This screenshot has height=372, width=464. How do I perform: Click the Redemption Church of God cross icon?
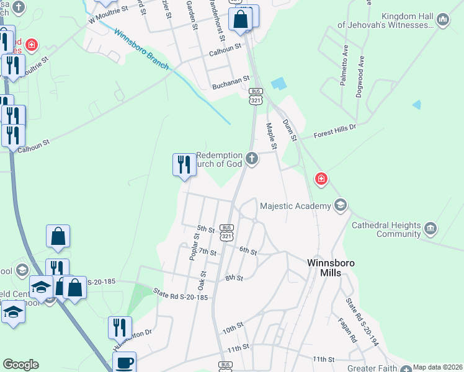(x=252, y=159)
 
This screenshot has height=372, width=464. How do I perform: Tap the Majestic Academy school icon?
(x=340, y=205)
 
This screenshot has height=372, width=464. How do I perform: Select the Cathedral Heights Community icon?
(x=430, y=230)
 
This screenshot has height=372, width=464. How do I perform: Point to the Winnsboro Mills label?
(x=331, y=267)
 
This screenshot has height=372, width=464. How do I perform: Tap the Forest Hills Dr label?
(x=336, y=130)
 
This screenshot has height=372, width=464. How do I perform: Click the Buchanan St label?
(x=230, y=79)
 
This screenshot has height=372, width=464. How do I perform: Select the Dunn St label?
(x=290, y=130)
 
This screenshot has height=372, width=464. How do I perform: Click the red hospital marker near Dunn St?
(x=321, y=179)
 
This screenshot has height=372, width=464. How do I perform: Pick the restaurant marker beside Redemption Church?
(x=182, y=165)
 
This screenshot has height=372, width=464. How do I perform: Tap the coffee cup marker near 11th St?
(x=124, y=361)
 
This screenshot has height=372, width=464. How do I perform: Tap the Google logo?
(x=20, y=365)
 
